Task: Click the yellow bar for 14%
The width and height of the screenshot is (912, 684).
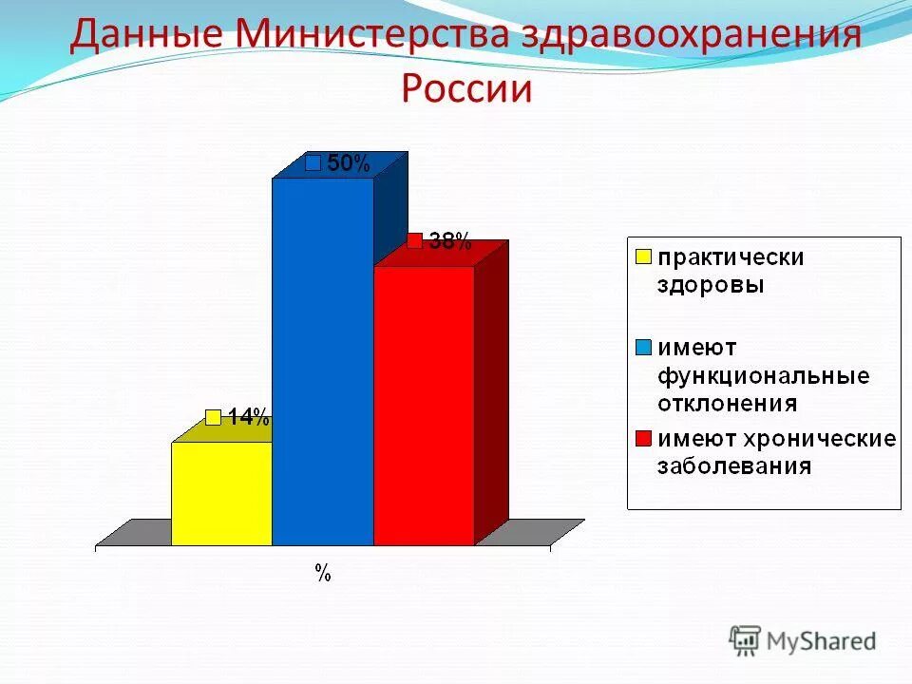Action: (x=221, y=493)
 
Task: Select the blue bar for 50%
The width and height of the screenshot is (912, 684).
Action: (x=323, y=361)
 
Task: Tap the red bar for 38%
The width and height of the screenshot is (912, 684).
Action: (x=424, y=406)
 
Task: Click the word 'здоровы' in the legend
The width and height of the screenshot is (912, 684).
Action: (x=712, y=283)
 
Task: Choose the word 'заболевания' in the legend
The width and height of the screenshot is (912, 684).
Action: (x=735, y=465)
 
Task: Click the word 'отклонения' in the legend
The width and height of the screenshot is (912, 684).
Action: (x=727, y=401)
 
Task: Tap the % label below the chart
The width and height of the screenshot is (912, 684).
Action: (x=323, y=573)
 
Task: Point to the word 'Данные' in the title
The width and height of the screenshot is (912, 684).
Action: (x=146, y=36)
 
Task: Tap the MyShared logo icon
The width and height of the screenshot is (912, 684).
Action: (x=746, y=641)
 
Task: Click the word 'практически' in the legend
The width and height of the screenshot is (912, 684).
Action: (x=731, y=257)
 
